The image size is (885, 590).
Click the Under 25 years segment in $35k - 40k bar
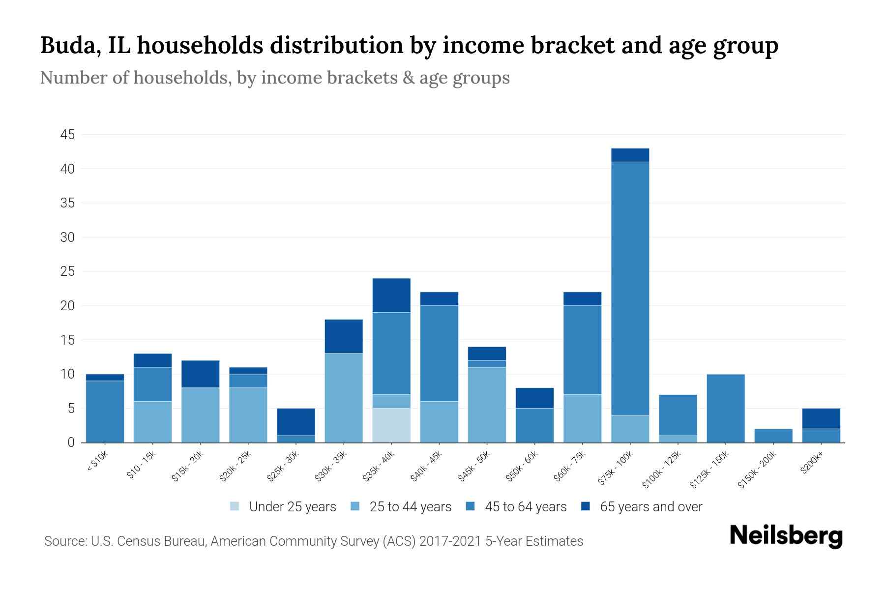[x=391, y=425]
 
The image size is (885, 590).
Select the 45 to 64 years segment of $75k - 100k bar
[x=630, y=288]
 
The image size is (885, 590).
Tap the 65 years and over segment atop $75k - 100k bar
[x=630, y=155]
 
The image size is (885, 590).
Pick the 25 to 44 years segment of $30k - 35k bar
[x=344, y=398]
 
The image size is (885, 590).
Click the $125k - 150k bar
[x=725, y=408]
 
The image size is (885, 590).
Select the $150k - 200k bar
[x=773, y=436]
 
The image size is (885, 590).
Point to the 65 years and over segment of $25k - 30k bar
[x=296, y=422]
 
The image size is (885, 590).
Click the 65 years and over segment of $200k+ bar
[x=821, y=418]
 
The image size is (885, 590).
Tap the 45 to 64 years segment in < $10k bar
[x=105, y=412]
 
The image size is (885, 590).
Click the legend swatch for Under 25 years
[x=235, y=506]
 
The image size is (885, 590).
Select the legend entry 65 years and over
[x=650, y=507]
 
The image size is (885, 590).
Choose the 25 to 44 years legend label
[x=410, y=507]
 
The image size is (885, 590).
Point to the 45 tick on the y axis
[x=67, y=135]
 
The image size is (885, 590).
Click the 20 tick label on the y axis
[x=67, y=306]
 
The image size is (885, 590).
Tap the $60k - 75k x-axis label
[x=570, y=466]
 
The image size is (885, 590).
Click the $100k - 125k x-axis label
[x=662, y=470]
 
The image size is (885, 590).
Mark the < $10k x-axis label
[x=98, y=462]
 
